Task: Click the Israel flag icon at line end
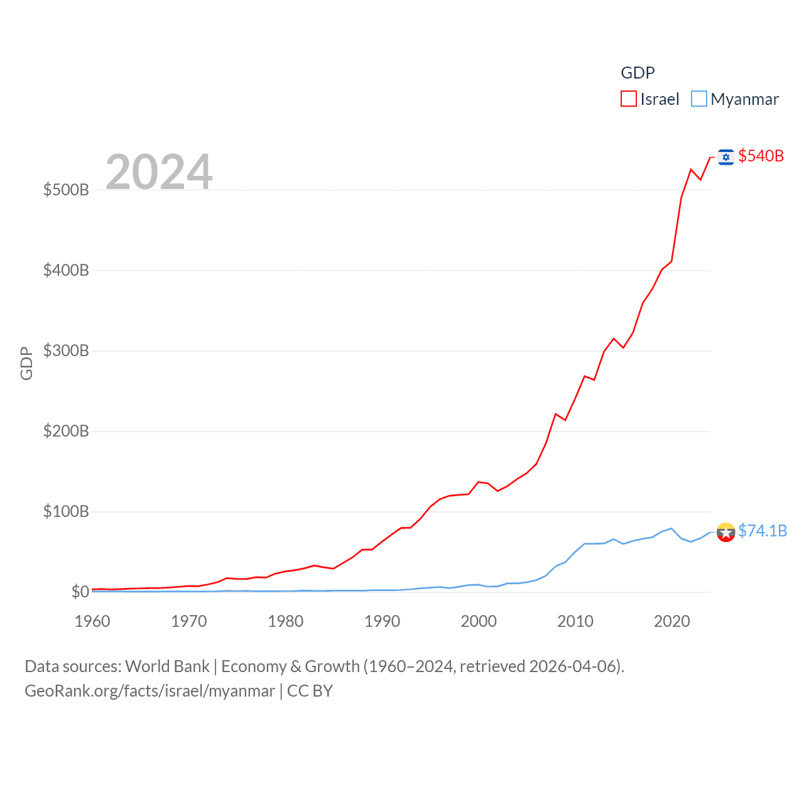pyautogui.click(x=726, y=156)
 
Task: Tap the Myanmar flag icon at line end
pyautogui.click(x=726, y=532)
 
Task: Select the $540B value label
pyautogui.click(x=761, y=156)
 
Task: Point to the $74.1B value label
pyautogui.click(x=763, y=531)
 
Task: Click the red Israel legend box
pyautogui.click(x=629, y=99)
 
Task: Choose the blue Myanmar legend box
pyautogui.click(x=699, y=99)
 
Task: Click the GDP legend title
pyautogui.click(x=638, y=73)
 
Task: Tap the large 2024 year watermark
pyautogui.click(x=159, y=171)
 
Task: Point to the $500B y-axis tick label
pyautogui.click(x=66, y=190)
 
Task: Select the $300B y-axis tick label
pyautogui.click(x=66, y=350)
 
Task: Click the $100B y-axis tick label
pyautogui.click(x=66, y=511)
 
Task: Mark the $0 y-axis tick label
pyautogui.click(x=80, y=592)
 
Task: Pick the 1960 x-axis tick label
pyautogui.click(x=92, y=621)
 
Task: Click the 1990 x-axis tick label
pyautogui.click(x=382, y=621)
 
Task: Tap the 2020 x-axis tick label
pyautogui.click(x=671, y=621)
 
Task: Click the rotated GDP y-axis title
pyautogui.click(x=26, y=363)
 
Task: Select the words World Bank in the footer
pyautogui.click(x=167, y=666)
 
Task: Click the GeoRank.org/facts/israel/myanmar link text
pyautogui.click(x=149, y=691)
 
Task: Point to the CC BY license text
pyautogui.click(x=310, y=691)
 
